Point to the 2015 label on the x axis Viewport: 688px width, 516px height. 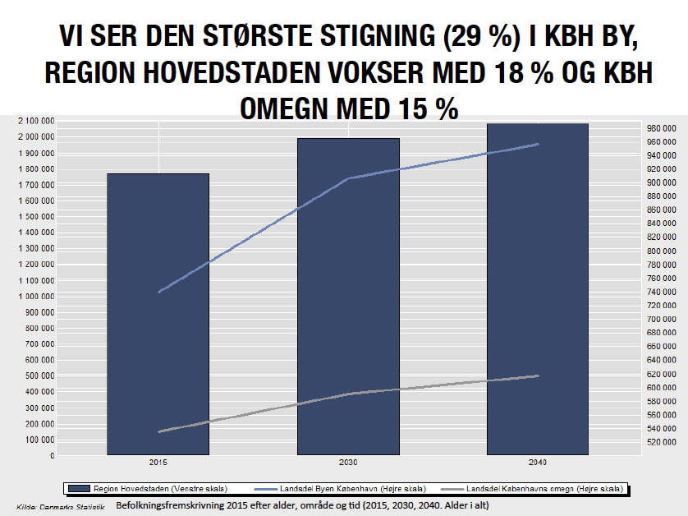coord(158,463)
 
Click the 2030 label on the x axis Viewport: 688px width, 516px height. coord(348,463)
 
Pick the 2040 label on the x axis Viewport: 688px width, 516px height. coord(538,463)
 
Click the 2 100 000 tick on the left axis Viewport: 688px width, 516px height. coord(35,121)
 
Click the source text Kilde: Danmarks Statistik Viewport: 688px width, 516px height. coord(61,506)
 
